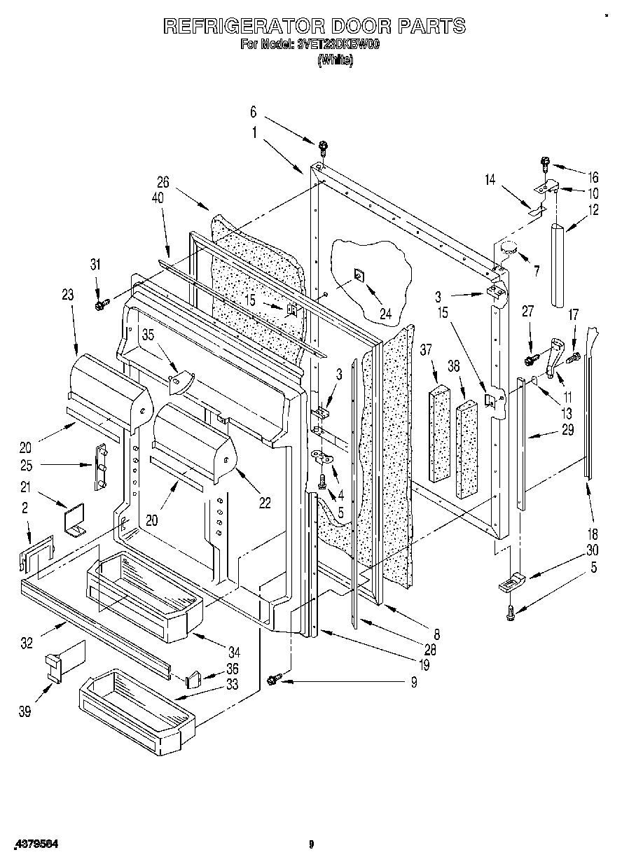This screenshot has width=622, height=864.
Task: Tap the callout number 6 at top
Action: [x=254, y=111]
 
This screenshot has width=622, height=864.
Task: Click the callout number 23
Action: [x=67, y=295]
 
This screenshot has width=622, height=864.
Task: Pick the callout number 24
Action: [x=385, y=314]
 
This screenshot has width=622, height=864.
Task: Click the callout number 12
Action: [x=594, y=209]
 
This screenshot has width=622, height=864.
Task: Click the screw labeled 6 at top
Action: [x=323, y=146]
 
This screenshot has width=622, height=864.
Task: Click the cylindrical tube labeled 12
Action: [x=560, y=265]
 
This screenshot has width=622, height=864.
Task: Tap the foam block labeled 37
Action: [x=441, y=434]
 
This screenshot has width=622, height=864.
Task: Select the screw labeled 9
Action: [x=275, y=677]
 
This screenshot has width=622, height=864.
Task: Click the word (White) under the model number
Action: [x=336, y=60]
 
